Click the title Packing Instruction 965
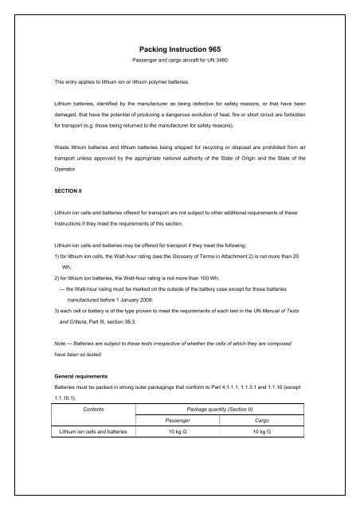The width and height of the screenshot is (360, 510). click(179, 48)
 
